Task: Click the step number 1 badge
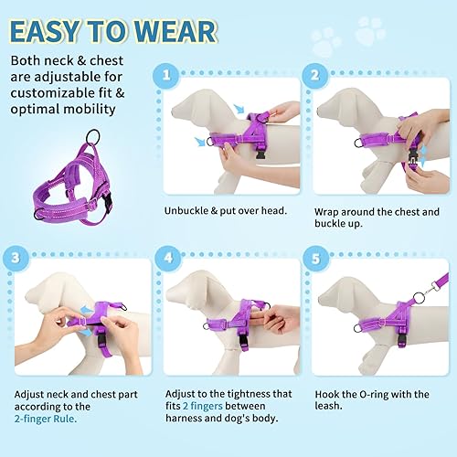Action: [164, 76]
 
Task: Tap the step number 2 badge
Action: [314, 76]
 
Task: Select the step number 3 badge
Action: [15, 258]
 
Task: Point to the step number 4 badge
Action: [164, 258]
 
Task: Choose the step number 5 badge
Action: [314, 258]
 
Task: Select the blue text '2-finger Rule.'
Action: [45, 420]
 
